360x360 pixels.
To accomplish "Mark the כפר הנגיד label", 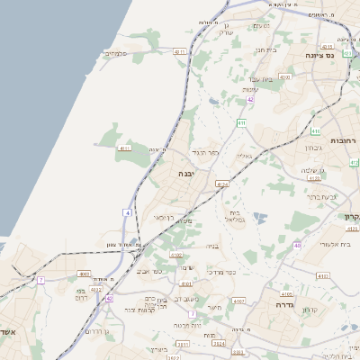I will coord(206,153).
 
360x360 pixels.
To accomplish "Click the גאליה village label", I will coord(243,157).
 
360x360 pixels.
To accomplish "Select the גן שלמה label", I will coord(311,171).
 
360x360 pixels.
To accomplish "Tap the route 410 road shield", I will coord(285,77).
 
